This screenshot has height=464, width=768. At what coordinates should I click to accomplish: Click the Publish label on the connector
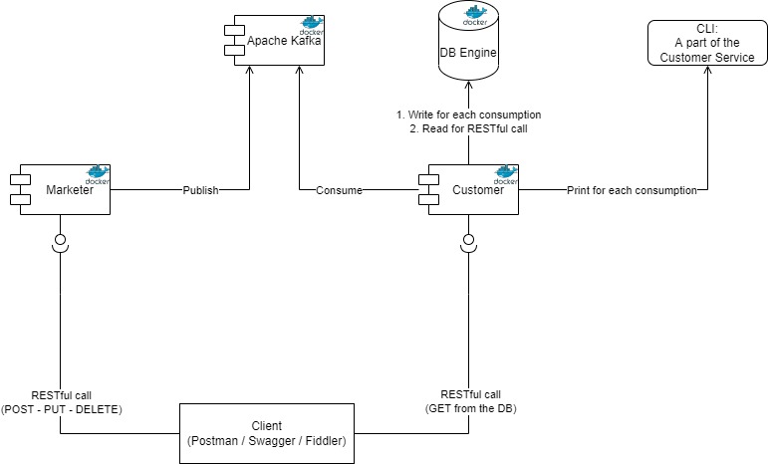coord(199,189)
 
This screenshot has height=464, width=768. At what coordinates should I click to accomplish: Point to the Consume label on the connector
coord(339,189)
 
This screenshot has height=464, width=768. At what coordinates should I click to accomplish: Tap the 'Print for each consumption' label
coord(631,189)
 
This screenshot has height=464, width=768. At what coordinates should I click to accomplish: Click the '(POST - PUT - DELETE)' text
coord(61,408)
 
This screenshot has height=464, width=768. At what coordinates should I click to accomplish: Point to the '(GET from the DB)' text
coord(464,408)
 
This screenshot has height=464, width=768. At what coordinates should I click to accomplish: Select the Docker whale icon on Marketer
coord(97,174)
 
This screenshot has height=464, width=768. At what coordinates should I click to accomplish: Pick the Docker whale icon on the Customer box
coord(505,174)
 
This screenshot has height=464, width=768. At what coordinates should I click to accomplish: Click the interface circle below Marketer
coord(61,239)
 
